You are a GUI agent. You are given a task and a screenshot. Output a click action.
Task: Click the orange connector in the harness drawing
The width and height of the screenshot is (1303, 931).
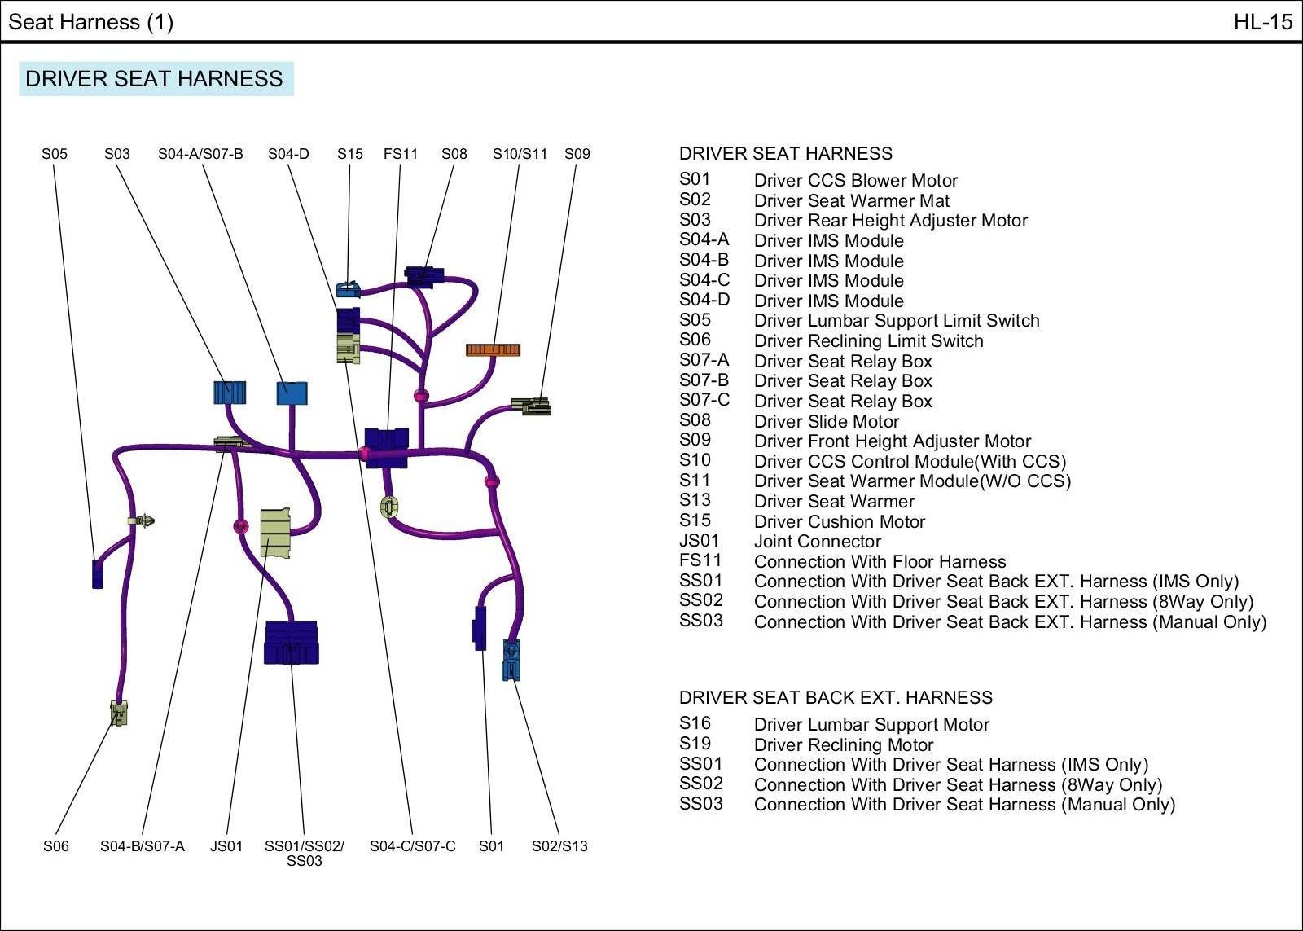coord(493,349)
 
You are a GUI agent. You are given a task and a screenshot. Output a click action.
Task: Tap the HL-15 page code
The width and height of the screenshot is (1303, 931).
coord(1262,22)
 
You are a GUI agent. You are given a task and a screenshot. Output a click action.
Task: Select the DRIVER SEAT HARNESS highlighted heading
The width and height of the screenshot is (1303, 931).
coord(155,79)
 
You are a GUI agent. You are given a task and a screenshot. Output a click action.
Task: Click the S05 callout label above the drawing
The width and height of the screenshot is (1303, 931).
coord(55,154)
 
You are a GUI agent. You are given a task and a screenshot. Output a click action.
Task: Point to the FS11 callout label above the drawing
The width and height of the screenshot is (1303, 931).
coord(401,154)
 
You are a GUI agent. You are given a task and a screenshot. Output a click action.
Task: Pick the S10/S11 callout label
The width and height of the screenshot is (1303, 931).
coord(520,154)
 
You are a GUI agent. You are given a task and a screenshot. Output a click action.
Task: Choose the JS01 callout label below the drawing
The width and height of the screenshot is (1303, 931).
coord(226,846)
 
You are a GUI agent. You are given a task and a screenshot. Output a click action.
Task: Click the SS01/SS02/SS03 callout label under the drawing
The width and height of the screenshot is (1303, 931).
coord(304,853)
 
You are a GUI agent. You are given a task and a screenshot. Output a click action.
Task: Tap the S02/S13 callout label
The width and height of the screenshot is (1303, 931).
coord(559,846)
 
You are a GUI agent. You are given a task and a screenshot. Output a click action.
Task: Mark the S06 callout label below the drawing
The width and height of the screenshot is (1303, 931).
coord(56,846)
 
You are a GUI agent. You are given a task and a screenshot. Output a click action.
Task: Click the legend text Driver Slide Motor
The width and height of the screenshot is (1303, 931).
coord(826,422)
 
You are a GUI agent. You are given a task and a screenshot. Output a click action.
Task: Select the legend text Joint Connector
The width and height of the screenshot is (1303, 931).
coord(817,542)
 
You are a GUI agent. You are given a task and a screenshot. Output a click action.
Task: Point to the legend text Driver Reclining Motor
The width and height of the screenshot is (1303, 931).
coord(843,745)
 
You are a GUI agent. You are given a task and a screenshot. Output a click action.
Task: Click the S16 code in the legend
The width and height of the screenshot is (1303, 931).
coord(695,723)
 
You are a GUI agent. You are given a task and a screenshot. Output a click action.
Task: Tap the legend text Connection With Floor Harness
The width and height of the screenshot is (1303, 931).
coord(880,562)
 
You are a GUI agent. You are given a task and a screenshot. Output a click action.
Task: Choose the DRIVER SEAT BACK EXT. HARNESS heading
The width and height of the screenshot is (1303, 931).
coord(836,698)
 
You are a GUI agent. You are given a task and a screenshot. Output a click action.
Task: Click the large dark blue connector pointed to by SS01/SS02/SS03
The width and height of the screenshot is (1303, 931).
coord(291,643)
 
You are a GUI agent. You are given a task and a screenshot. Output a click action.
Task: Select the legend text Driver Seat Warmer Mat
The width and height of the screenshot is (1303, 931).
coord(851,201)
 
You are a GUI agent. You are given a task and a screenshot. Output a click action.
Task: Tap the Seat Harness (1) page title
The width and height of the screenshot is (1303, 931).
coord(90,22)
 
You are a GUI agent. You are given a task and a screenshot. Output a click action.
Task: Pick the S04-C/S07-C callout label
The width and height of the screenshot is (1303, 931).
coord(412,846)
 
